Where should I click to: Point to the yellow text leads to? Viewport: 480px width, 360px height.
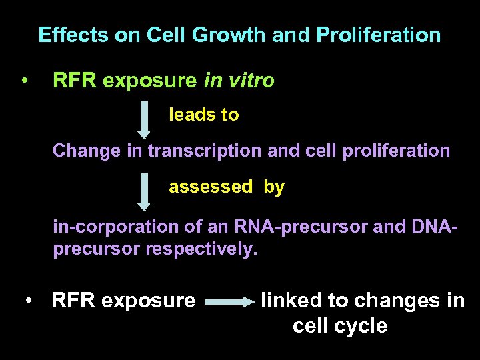203,115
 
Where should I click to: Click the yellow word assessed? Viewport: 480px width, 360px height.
211,187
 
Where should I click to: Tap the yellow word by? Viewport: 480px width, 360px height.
274,187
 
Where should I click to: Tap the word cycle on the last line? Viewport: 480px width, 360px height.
363,326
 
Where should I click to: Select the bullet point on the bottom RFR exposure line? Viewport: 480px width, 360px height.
28,301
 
